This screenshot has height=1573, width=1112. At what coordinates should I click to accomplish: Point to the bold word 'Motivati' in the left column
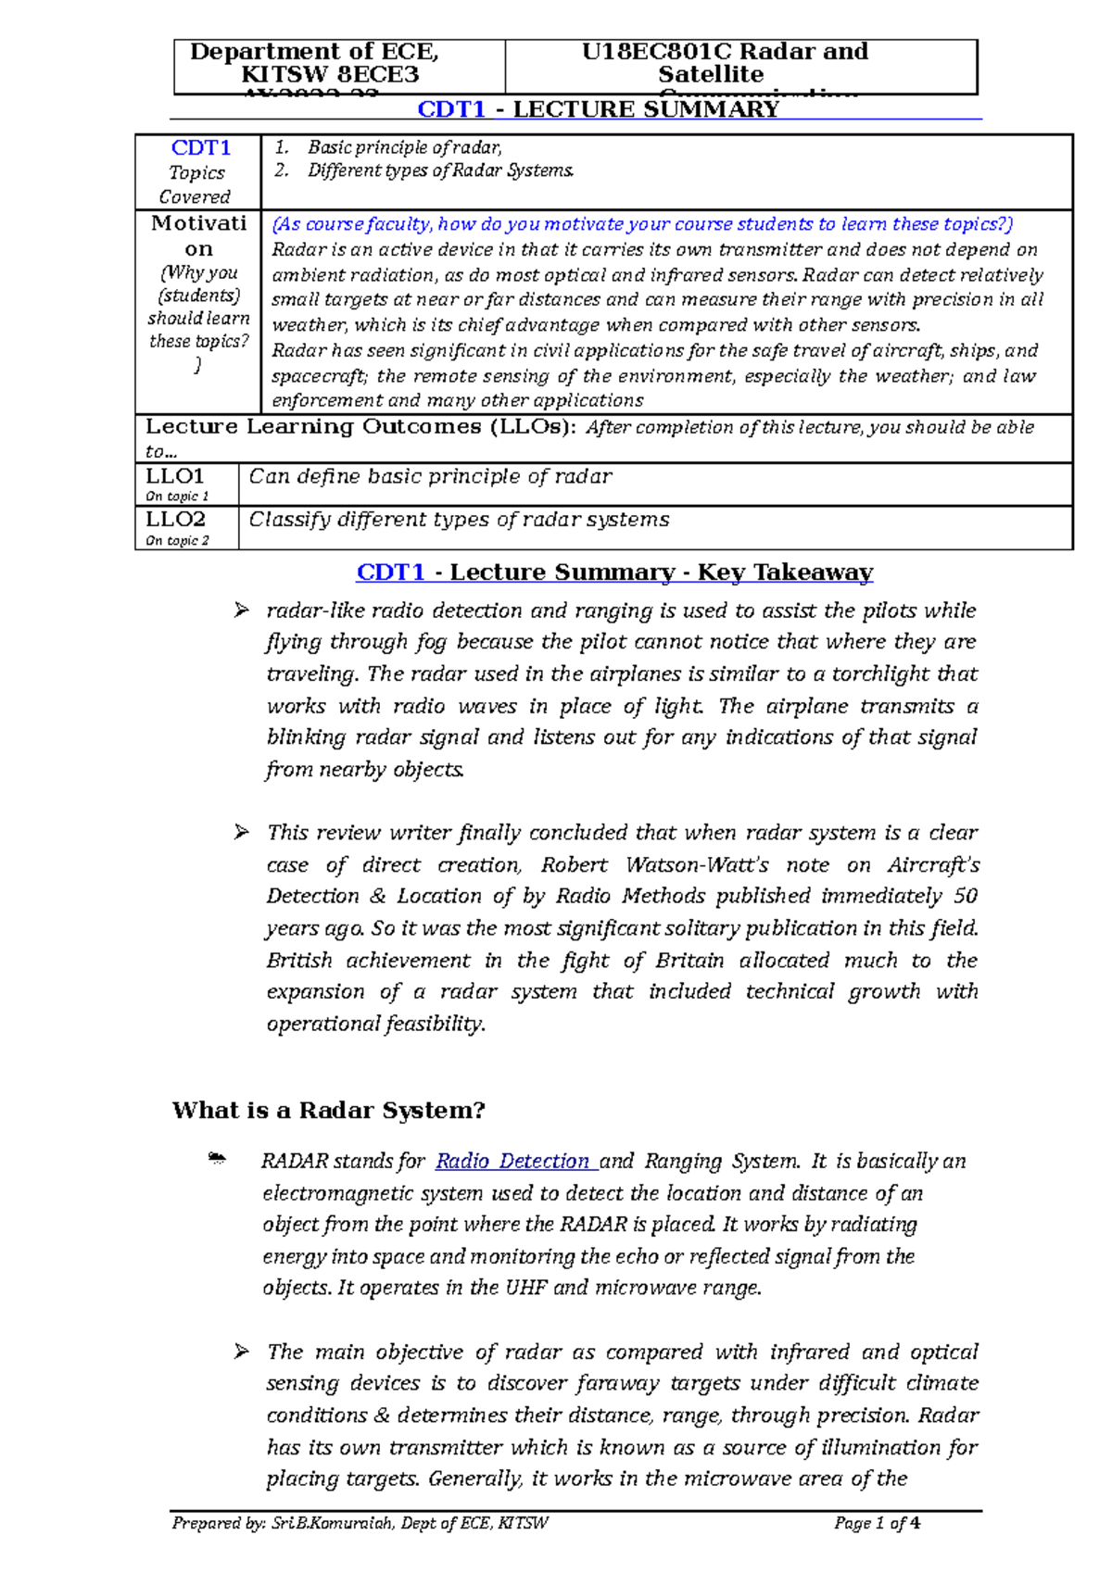pyautogui.click(x=198, y=223)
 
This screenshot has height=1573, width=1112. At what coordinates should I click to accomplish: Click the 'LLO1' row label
pyautogui.click(x=174, y=476)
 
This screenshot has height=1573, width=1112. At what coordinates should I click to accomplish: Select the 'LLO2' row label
pyautogui.click(x=175, y=520)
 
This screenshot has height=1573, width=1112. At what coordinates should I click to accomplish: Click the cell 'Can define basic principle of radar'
pyautogui.click(x=430, y=477)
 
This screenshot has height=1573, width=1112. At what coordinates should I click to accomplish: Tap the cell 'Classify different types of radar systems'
pyautogui.click(x=459, y=520)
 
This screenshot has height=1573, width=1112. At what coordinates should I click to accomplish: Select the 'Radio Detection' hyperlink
pyautogui.click(x=512, y=1162)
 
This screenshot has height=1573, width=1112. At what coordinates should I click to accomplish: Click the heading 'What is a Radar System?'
pyautogui.click(x=328, y=1111)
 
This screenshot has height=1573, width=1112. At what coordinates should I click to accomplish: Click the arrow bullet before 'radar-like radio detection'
pyautogui.click(x=242, y=610)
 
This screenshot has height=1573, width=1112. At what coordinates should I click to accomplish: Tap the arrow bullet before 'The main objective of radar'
pyautogui.click(x=242, y=1353)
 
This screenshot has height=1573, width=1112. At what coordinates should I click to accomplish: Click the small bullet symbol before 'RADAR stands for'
pyautogui.click(x=217, y=1159)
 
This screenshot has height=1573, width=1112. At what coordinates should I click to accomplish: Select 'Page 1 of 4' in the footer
pyautogui.click(x=876, y=1524)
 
